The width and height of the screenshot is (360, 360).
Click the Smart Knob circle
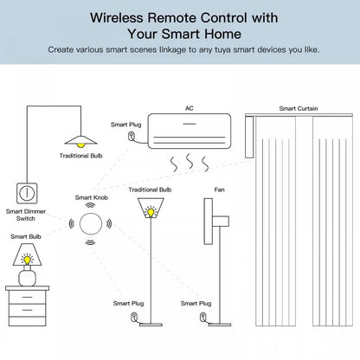(x=91, y=223)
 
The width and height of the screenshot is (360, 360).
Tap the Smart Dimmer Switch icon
(x=27, y=193)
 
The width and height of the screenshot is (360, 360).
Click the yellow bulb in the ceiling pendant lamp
(x=80, y=145)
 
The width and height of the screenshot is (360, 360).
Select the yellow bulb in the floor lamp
(x=151, y=212)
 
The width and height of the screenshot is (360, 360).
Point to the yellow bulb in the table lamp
(x=27, y=260)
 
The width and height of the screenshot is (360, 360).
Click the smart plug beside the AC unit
(x=132, y=136)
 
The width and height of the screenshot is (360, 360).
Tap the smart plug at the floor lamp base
(x=134, y=317)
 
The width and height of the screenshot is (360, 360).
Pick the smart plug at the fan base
(x=203, y=317)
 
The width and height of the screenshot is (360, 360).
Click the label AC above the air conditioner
(x=190, y=108)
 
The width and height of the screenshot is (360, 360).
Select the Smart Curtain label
(x=299, y=108)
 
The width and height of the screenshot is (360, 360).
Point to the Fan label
(x=219, y=190)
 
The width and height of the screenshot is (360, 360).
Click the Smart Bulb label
(x=26, y=236)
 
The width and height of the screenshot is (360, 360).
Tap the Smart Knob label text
(x=92, y=197)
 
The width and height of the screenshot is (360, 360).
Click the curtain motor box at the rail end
(x=249, y=137)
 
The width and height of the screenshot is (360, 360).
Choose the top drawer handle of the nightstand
(x=28, y=297)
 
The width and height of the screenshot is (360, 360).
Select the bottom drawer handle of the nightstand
(x=28, y=310)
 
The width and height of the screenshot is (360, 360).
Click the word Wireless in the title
(x=117, y=18)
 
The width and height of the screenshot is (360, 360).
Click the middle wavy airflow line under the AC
(x=190, y=162)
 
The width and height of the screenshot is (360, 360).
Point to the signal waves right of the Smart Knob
(x=109, y=223)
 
